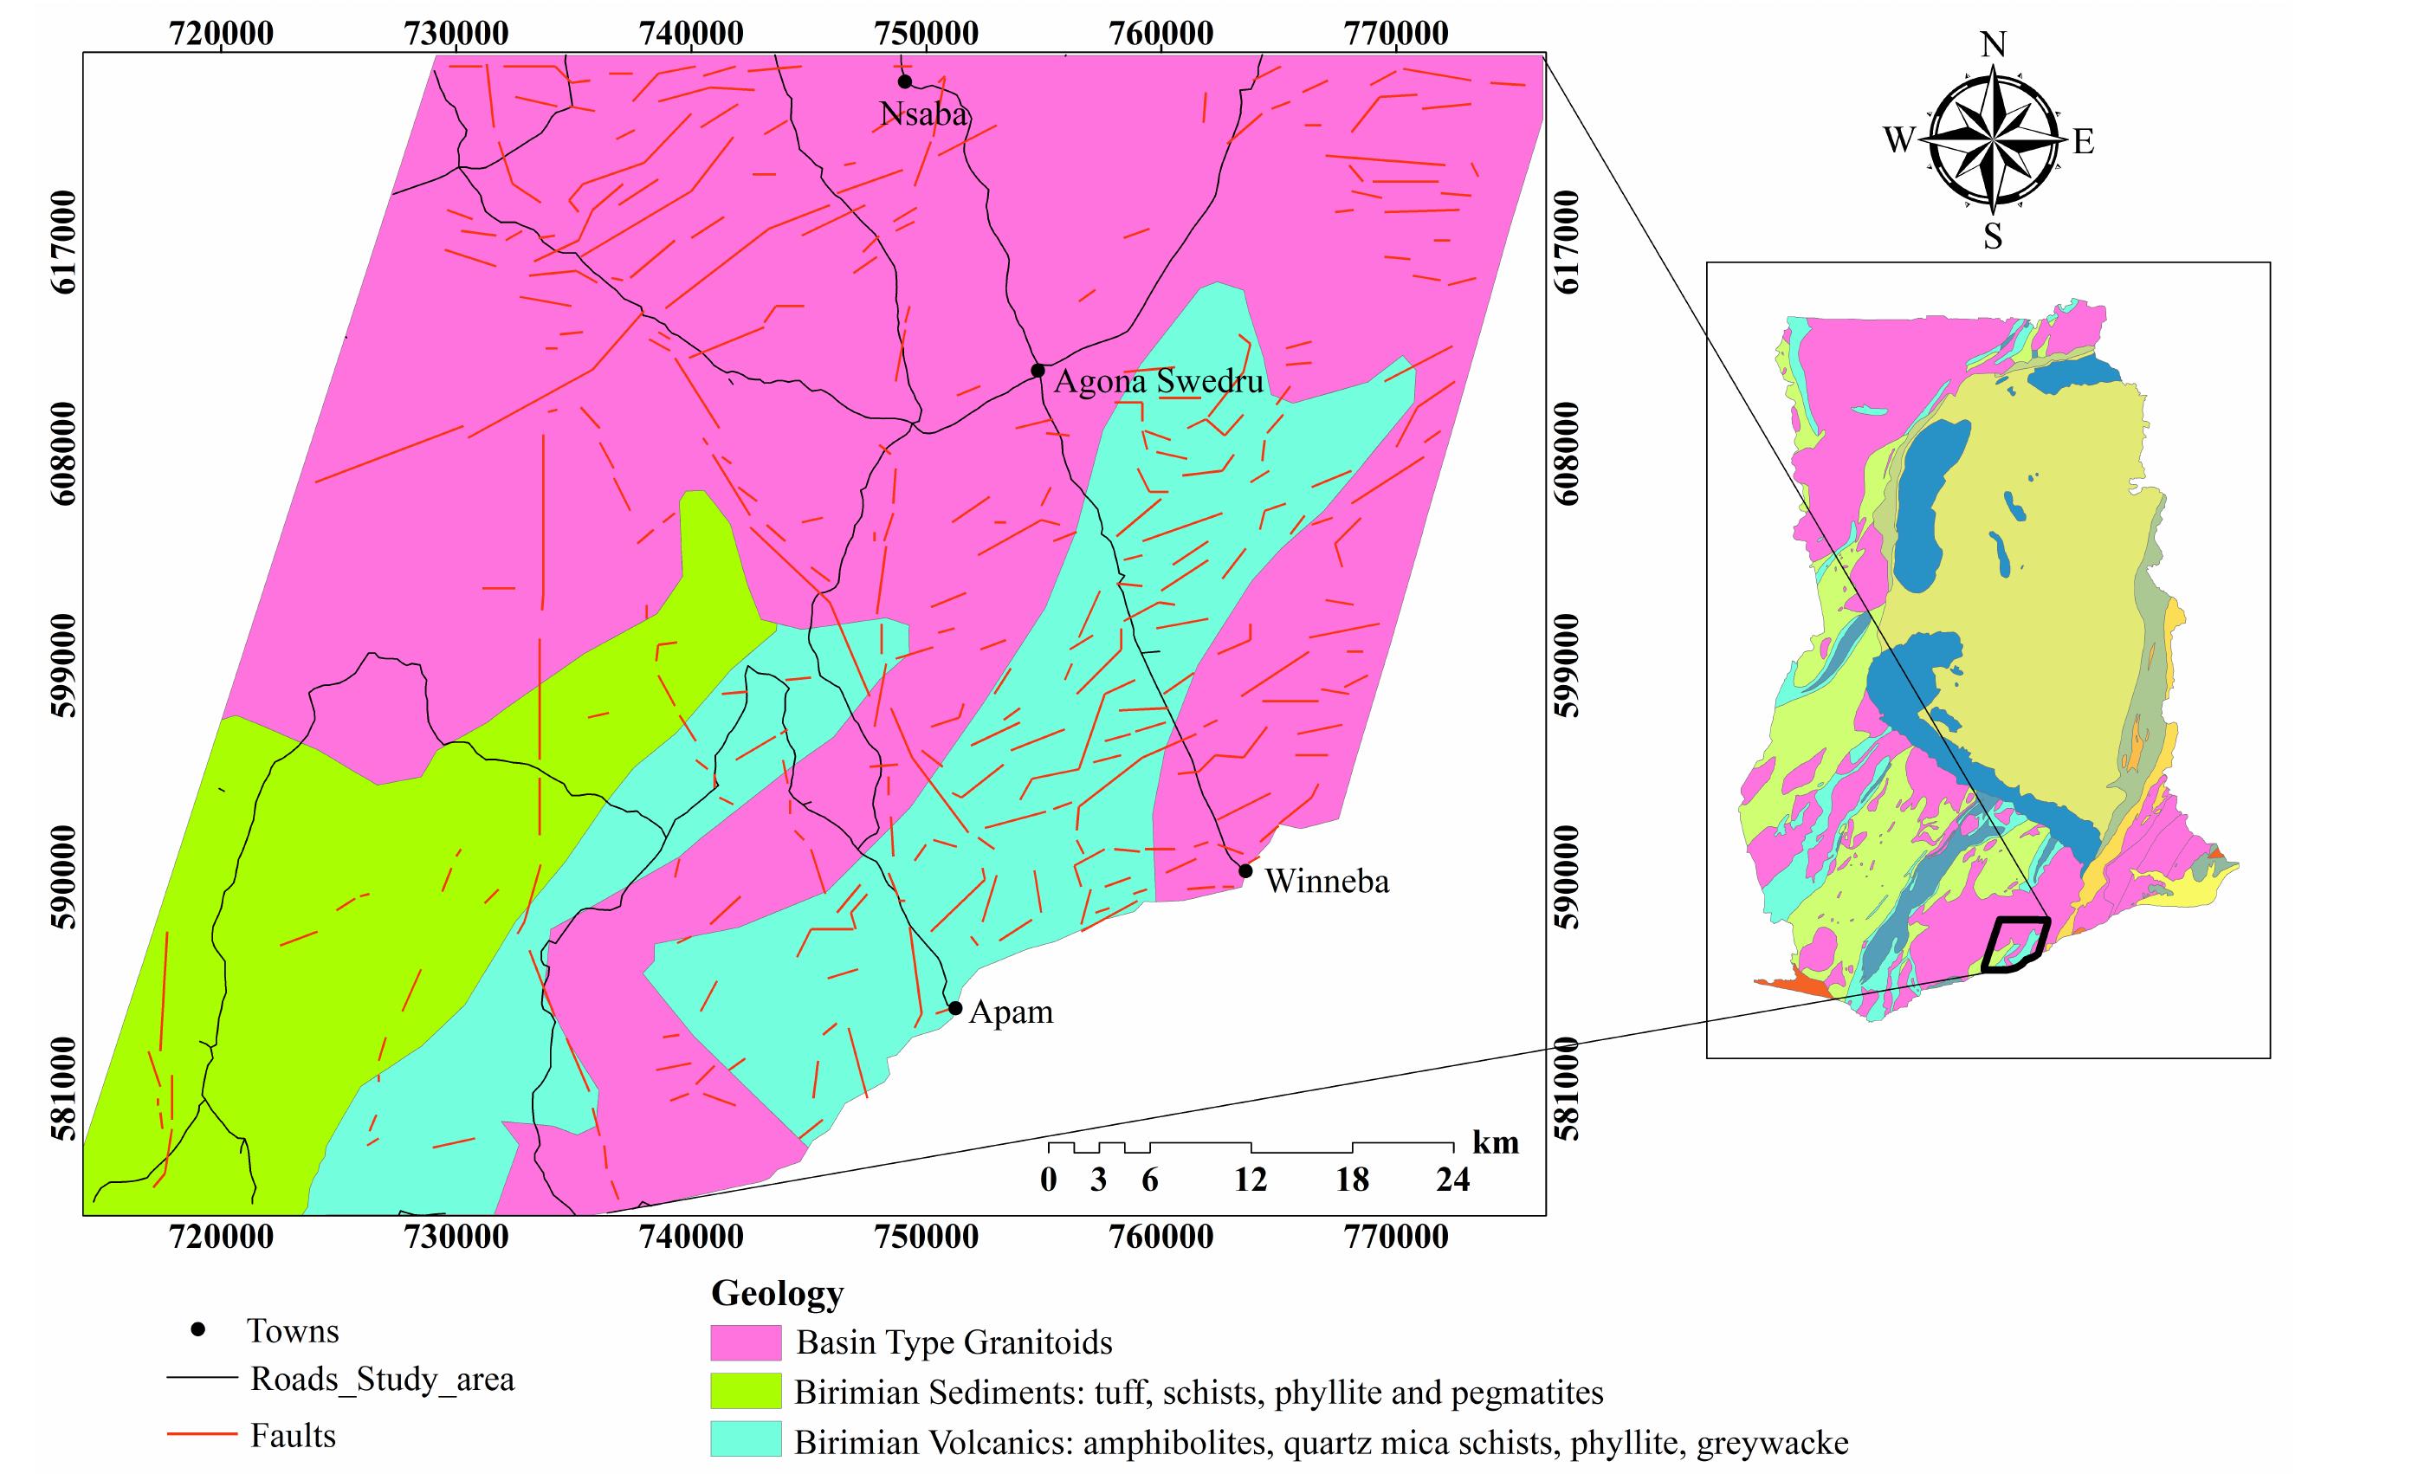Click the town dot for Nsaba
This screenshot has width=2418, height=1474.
point(905,81)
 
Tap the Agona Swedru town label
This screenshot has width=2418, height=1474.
point(1158,381)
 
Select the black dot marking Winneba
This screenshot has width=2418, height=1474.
point(1245,870)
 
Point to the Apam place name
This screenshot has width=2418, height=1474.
point(1011,1012)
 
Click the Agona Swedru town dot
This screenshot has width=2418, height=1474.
point(1038,370)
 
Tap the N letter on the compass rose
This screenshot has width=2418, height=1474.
point(1993,45)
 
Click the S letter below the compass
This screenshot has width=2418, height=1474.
point(1993,236)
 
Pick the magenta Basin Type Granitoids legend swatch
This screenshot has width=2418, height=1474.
point(746,1341)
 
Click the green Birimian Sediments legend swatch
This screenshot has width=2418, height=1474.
point(746,1392)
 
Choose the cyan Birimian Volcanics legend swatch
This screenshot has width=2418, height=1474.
point(746,1440)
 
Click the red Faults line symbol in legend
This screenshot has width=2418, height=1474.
point(202,1435)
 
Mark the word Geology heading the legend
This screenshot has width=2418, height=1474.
point(777,1292)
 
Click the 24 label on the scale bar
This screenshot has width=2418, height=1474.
point(1452,1180)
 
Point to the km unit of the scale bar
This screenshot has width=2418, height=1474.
point(1495,1142)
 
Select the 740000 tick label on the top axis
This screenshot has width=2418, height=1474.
point(691,34)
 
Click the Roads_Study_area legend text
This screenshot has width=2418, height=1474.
point(382,1379)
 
